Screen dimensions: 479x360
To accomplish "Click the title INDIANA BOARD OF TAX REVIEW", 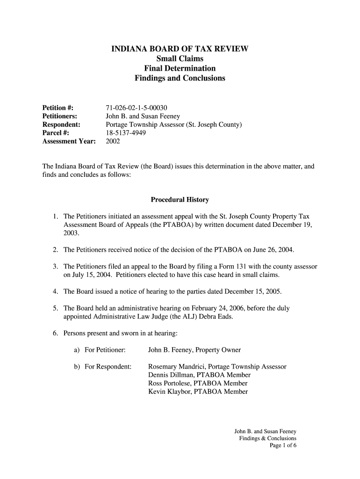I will tap(180, 49).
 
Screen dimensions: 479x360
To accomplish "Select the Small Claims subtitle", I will tap(180, 58).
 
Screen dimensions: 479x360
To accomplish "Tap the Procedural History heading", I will tap(180, 200).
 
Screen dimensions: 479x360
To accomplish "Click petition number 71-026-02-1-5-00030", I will tap(137, 107).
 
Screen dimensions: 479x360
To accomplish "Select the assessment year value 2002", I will tap(113, 141).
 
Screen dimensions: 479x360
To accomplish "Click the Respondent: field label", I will tap(61, 124).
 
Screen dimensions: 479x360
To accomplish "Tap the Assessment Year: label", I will tap(69, 141).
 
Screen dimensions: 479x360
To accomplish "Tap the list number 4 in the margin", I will tap(55, 291).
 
